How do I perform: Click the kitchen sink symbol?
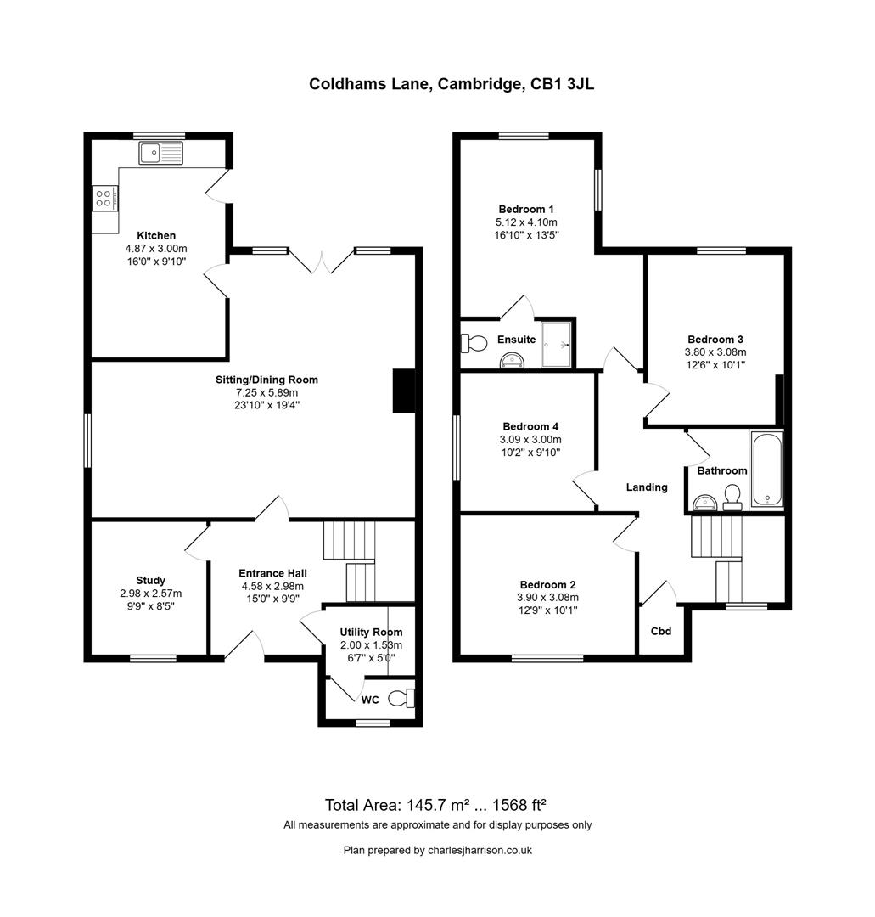tap(160, 154)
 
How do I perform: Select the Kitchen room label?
tap(156, 235)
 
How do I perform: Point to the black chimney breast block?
tap(403, 391)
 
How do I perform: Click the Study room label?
tap(150, 581)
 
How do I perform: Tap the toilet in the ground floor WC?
tap(401, 699)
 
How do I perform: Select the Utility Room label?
tap(371, 633)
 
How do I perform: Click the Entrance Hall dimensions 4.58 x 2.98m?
tap(271, 586)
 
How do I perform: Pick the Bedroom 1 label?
tap(526, 209)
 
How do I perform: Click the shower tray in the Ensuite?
tap(557, 343)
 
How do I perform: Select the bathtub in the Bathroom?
tap(766, 469)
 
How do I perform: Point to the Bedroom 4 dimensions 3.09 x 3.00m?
tap(531, 440)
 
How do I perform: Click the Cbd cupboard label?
tap(661, 631)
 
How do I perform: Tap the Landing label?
tap(647, 487)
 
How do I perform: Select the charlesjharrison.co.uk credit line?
tap(437, 850)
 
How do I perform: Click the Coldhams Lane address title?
tap(456, 83)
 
